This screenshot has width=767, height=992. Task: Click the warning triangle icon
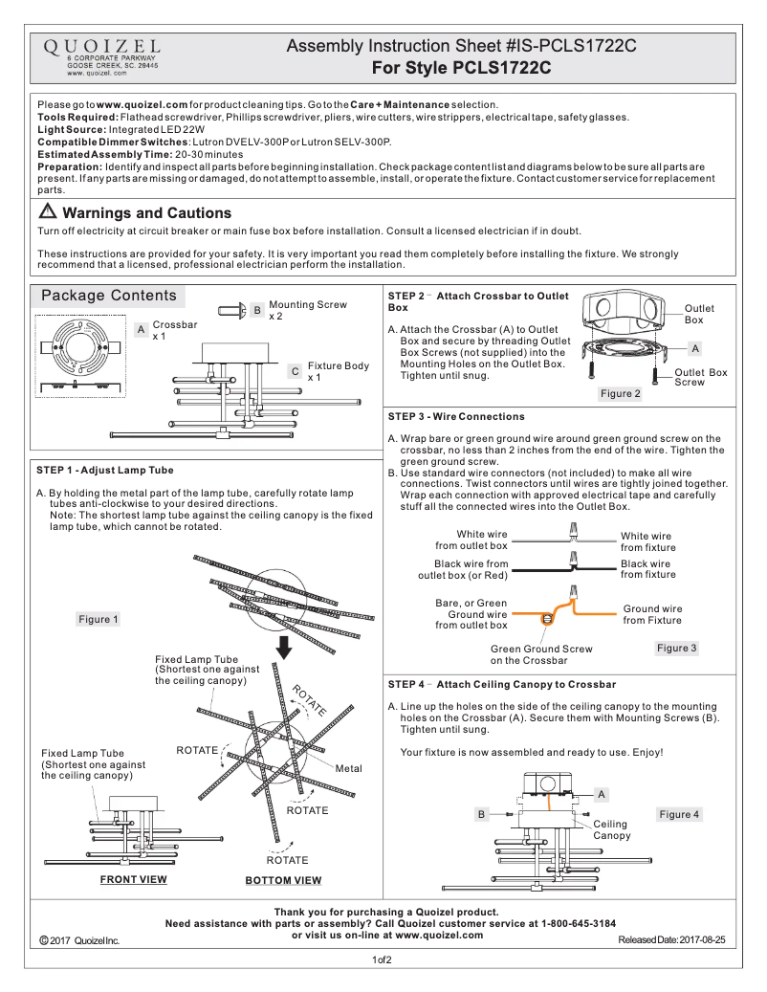48,212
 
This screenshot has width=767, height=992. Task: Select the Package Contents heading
108,296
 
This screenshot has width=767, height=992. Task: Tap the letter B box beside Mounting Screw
256,310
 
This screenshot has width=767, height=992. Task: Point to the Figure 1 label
98,619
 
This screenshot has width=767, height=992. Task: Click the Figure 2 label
621,393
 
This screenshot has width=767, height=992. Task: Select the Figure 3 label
677,648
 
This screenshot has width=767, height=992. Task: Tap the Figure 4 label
679,814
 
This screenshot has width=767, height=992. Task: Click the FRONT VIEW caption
134,878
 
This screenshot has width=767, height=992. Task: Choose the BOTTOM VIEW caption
283,880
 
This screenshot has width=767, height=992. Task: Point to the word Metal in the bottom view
348,768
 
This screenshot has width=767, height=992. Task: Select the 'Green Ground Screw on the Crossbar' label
540,654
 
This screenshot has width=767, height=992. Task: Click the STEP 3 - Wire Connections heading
456,416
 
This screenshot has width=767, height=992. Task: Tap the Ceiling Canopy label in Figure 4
611,829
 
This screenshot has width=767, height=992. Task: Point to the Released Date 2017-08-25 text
671,940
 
